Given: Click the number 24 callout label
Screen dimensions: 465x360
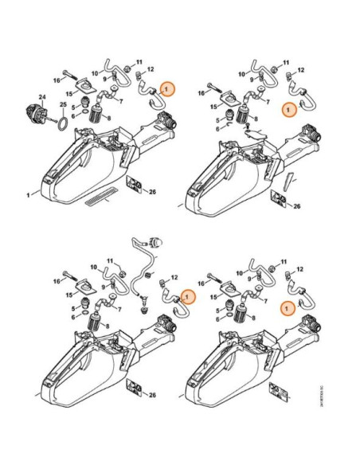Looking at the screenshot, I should pyautogui.click(x=42, y=98).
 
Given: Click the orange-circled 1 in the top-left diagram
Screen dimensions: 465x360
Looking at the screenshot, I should pyautogui.click(x=166, y=90).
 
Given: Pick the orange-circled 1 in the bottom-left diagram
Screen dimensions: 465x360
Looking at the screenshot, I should pyautogui.click(x=188, y=297).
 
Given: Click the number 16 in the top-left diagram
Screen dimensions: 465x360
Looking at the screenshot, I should pyautogui.click(x=57, y=80).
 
